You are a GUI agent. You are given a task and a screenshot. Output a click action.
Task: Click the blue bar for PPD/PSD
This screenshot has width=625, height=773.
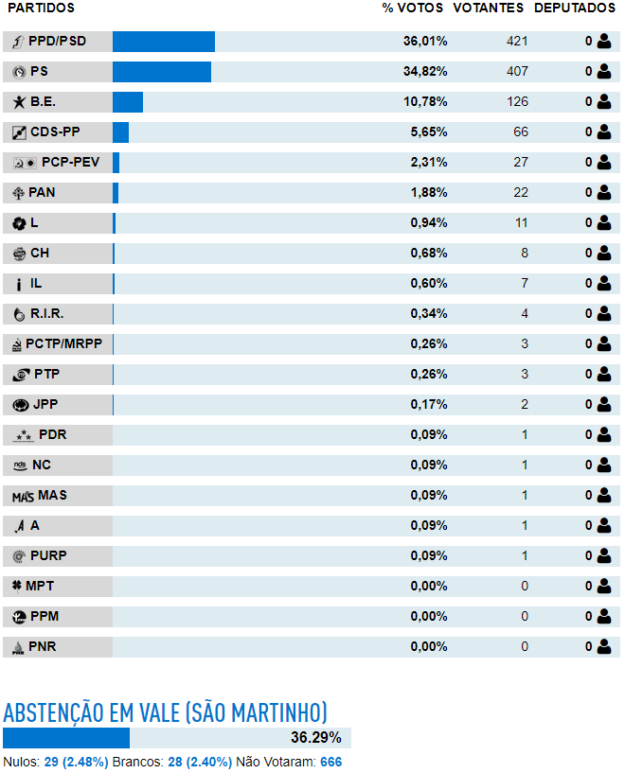click(164, 42)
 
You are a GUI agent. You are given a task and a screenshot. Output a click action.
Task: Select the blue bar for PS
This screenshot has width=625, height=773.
click(162, 72)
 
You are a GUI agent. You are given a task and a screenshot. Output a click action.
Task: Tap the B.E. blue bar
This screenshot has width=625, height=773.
click(128, 102)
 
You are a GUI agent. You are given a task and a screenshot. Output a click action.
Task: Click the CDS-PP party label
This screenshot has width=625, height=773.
click(55, 132)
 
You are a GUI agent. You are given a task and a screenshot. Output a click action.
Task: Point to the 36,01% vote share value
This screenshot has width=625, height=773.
click(425, 41)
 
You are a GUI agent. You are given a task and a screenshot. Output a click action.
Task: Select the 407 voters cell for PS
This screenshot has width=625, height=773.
click(517, 72)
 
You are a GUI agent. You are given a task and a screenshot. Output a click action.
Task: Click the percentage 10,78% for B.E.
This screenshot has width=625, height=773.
click(425, 101)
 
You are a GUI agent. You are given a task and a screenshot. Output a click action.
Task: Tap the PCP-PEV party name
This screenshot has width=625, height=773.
click(70, 162)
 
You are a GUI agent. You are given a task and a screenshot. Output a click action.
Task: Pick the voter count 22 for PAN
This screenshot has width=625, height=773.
click(521, 192)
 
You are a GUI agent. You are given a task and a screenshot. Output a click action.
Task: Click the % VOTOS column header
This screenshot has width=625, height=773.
click(412, 8)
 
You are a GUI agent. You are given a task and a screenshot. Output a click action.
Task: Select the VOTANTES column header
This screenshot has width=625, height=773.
click(489, 8)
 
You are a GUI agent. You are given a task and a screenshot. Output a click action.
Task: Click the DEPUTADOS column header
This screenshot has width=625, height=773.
click(575, 8)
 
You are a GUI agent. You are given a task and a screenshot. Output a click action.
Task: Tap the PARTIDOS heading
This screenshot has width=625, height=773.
click(41, 8)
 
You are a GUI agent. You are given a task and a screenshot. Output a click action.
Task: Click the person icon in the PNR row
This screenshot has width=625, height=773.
click(604, 646)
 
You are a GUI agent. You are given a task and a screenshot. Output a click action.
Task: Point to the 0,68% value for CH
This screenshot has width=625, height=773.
click(429, 253)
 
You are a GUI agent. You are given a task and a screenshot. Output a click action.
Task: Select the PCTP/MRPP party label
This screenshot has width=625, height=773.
click(63, 343)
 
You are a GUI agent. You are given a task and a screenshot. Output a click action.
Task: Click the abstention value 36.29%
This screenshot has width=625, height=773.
click(315, 737)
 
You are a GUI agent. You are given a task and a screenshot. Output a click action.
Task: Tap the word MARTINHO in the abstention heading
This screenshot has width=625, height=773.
click(278, 712)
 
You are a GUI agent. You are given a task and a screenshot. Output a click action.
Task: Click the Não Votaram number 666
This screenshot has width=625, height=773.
click(331, 763)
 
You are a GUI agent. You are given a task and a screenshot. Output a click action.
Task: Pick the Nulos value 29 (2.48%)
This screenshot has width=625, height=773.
click(76, 763)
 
